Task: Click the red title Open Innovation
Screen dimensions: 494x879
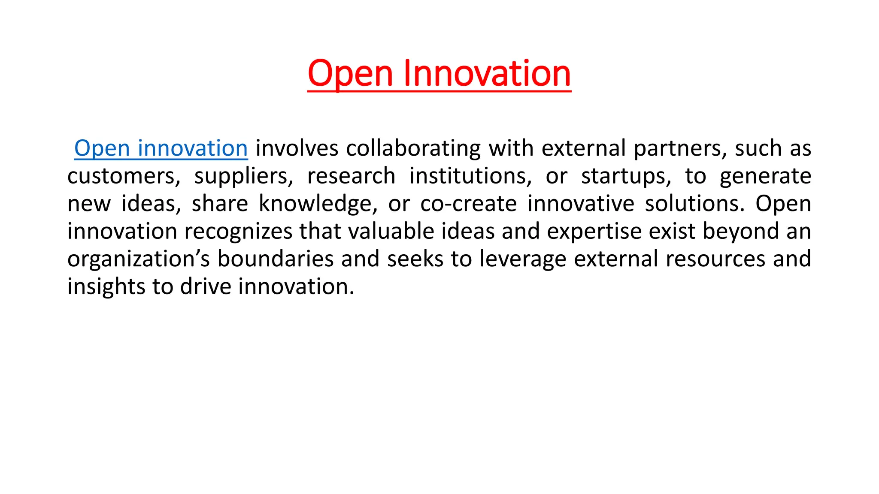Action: click(439, 74)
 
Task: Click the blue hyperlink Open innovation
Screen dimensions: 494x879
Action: click(161, 148)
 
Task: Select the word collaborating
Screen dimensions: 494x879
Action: click(413, 148)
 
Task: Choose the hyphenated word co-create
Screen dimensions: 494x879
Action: click(468, 204)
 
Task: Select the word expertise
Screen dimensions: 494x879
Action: click(594, 232)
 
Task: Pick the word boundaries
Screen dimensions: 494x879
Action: click(275, 259)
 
